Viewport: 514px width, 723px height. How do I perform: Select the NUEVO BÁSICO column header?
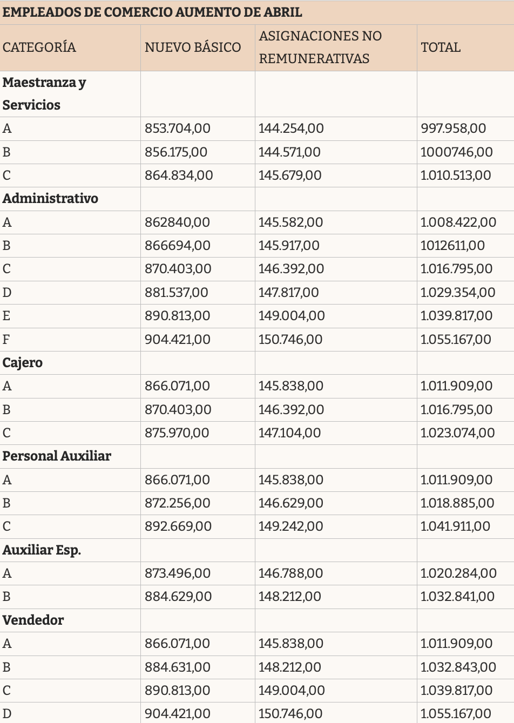point(193,47)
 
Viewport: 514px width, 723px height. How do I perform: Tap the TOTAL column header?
point(441,48)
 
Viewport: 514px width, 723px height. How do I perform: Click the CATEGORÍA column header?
point(39,47)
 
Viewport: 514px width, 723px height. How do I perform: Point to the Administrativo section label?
point(50,199)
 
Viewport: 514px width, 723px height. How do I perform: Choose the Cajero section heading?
point(22,363)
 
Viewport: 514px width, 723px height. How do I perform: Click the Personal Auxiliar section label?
point(57,456)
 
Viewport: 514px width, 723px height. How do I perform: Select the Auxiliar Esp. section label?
point(41,550)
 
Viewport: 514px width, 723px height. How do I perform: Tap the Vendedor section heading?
point(33,620)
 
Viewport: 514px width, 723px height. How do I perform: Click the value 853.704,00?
point(177,129)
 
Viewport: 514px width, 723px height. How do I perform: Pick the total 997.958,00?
point(453,129)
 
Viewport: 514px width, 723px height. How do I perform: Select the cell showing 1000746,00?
point(457,152)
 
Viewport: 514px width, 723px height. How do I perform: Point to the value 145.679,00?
point(290,175)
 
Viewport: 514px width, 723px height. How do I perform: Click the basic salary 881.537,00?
point(176,293)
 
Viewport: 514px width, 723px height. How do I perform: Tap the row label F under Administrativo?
point(6,339)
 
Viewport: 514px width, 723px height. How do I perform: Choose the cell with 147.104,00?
point(289,433)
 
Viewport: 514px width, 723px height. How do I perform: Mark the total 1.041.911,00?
point(455,526)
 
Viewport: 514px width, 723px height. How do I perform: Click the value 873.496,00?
point(177,573)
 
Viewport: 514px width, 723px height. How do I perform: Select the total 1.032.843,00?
point(458,667)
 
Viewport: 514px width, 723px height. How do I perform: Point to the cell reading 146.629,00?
point(290,503)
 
